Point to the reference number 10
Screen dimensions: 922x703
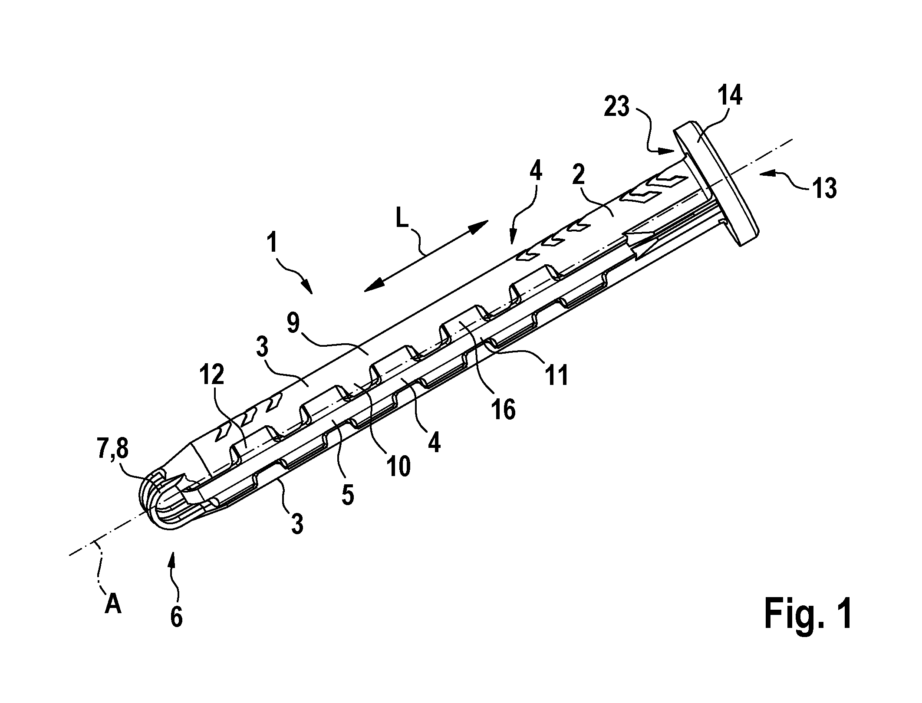click(x=397, y=467)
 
